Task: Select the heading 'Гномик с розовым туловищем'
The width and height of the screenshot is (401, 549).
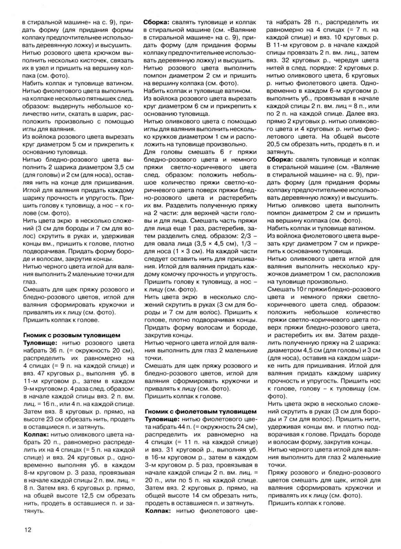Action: point(71,335)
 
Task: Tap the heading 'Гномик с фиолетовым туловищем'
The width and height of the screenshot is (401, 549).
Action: point(200,411)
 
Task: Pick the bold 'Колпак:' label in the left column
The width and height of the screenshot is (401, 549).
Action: point(36,434)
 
